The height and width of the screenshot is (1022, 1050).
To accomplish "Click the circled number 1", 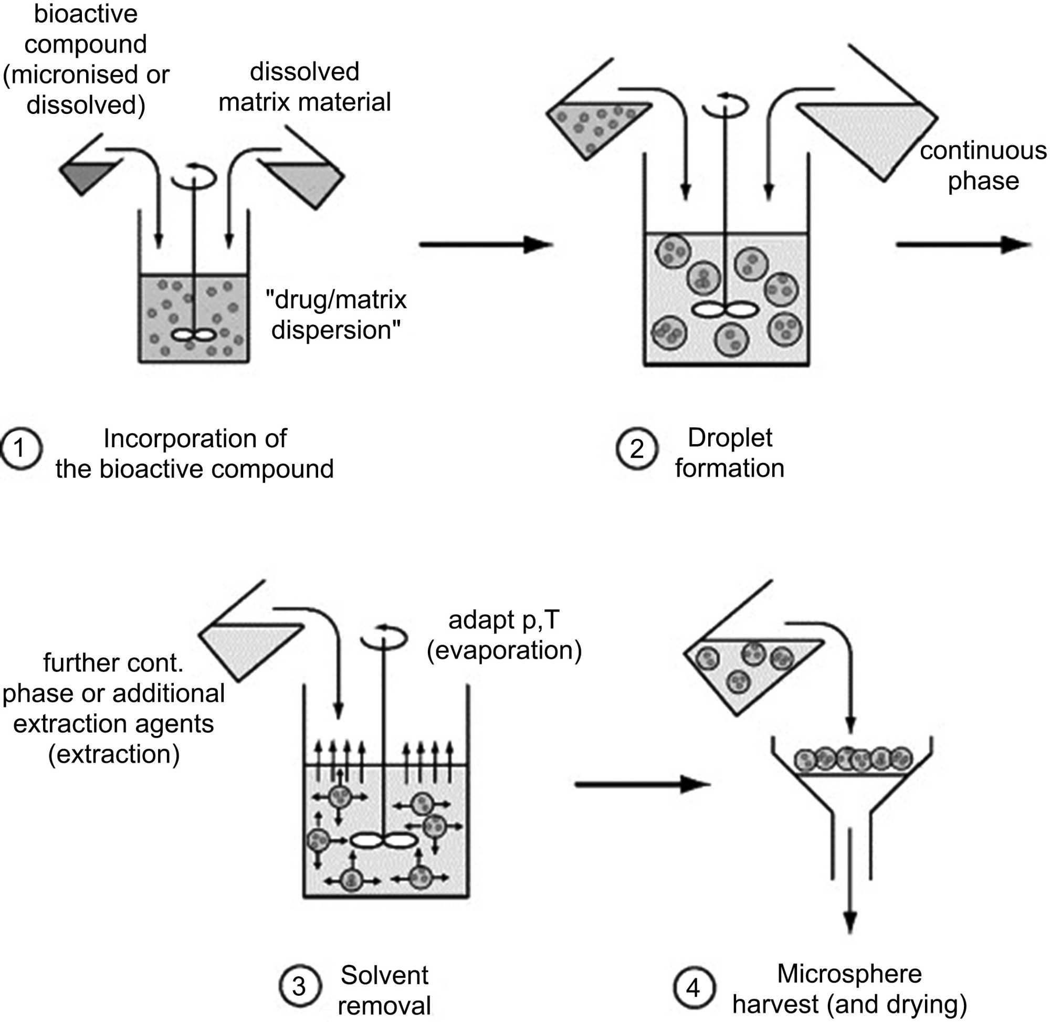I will [x=20, y=448].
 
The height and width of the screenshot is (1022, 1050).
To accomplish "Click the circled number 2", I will [x=637, y=448].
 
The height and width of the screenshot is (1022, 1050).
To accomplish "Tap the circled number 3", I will [x=300, y=985].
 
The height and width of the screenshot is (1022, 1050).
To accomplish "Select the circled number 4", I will [x=693, y=987].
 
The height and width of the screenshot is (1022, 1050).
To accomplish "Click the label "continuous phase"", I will [x=982, y=165].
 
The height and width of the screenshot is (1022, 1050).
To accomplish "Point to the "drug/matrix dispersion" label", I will [x=336, y=314].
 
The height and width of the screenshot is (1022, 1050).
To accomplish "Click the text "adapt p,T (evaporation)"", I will [x=504, y=635].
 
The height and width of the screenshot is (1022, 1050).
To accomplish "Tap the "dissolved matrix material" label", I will [x=304, y=87].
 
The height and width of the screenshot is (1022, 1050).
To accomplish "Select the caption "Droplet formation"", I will [x=729, y=452].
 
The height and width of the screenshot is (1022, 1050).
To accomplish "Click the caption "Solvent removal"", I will [x=384, y=990].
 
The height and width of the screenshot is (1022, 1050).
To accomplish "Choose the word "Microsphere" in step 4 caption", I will [x=849, y=973].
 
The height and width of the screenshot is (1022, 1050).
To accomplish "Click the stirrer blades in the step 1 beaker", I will [x=193, y=335].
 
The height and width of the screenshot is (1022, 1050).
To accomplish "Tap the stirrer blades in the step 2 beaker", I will [x=724, y=310].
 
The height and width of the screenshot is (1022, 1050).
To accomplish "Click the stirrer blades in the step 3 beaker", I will [x=383, y=840].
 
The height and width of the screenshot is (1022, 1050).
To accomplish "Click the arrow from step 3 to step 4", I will [x=642, y=784].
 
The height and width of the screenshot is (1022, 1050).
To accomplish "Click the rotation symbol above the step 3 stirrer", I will [x=384, y=637].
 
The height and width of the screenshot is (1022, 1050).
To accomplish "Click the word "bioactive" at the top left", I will [x=86, y=14].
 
